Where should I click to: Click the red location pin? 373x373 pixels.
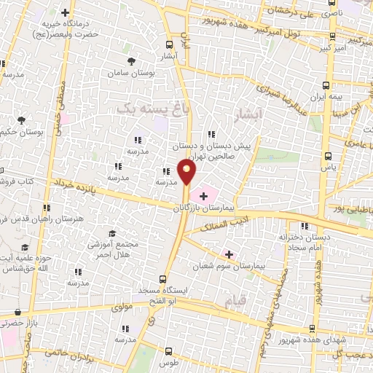coord(188,173)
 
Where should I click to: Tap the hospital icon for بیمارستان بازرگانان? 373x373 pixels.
coord(203,195)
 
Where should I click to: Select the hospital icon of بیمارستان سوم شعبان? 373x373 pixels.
coord(229,254)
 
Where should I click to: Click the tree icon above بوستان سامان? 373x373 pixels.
coord(131,61)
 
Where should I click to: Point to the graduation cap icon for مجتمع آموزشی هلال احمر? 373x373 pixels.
coord(112,232)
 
